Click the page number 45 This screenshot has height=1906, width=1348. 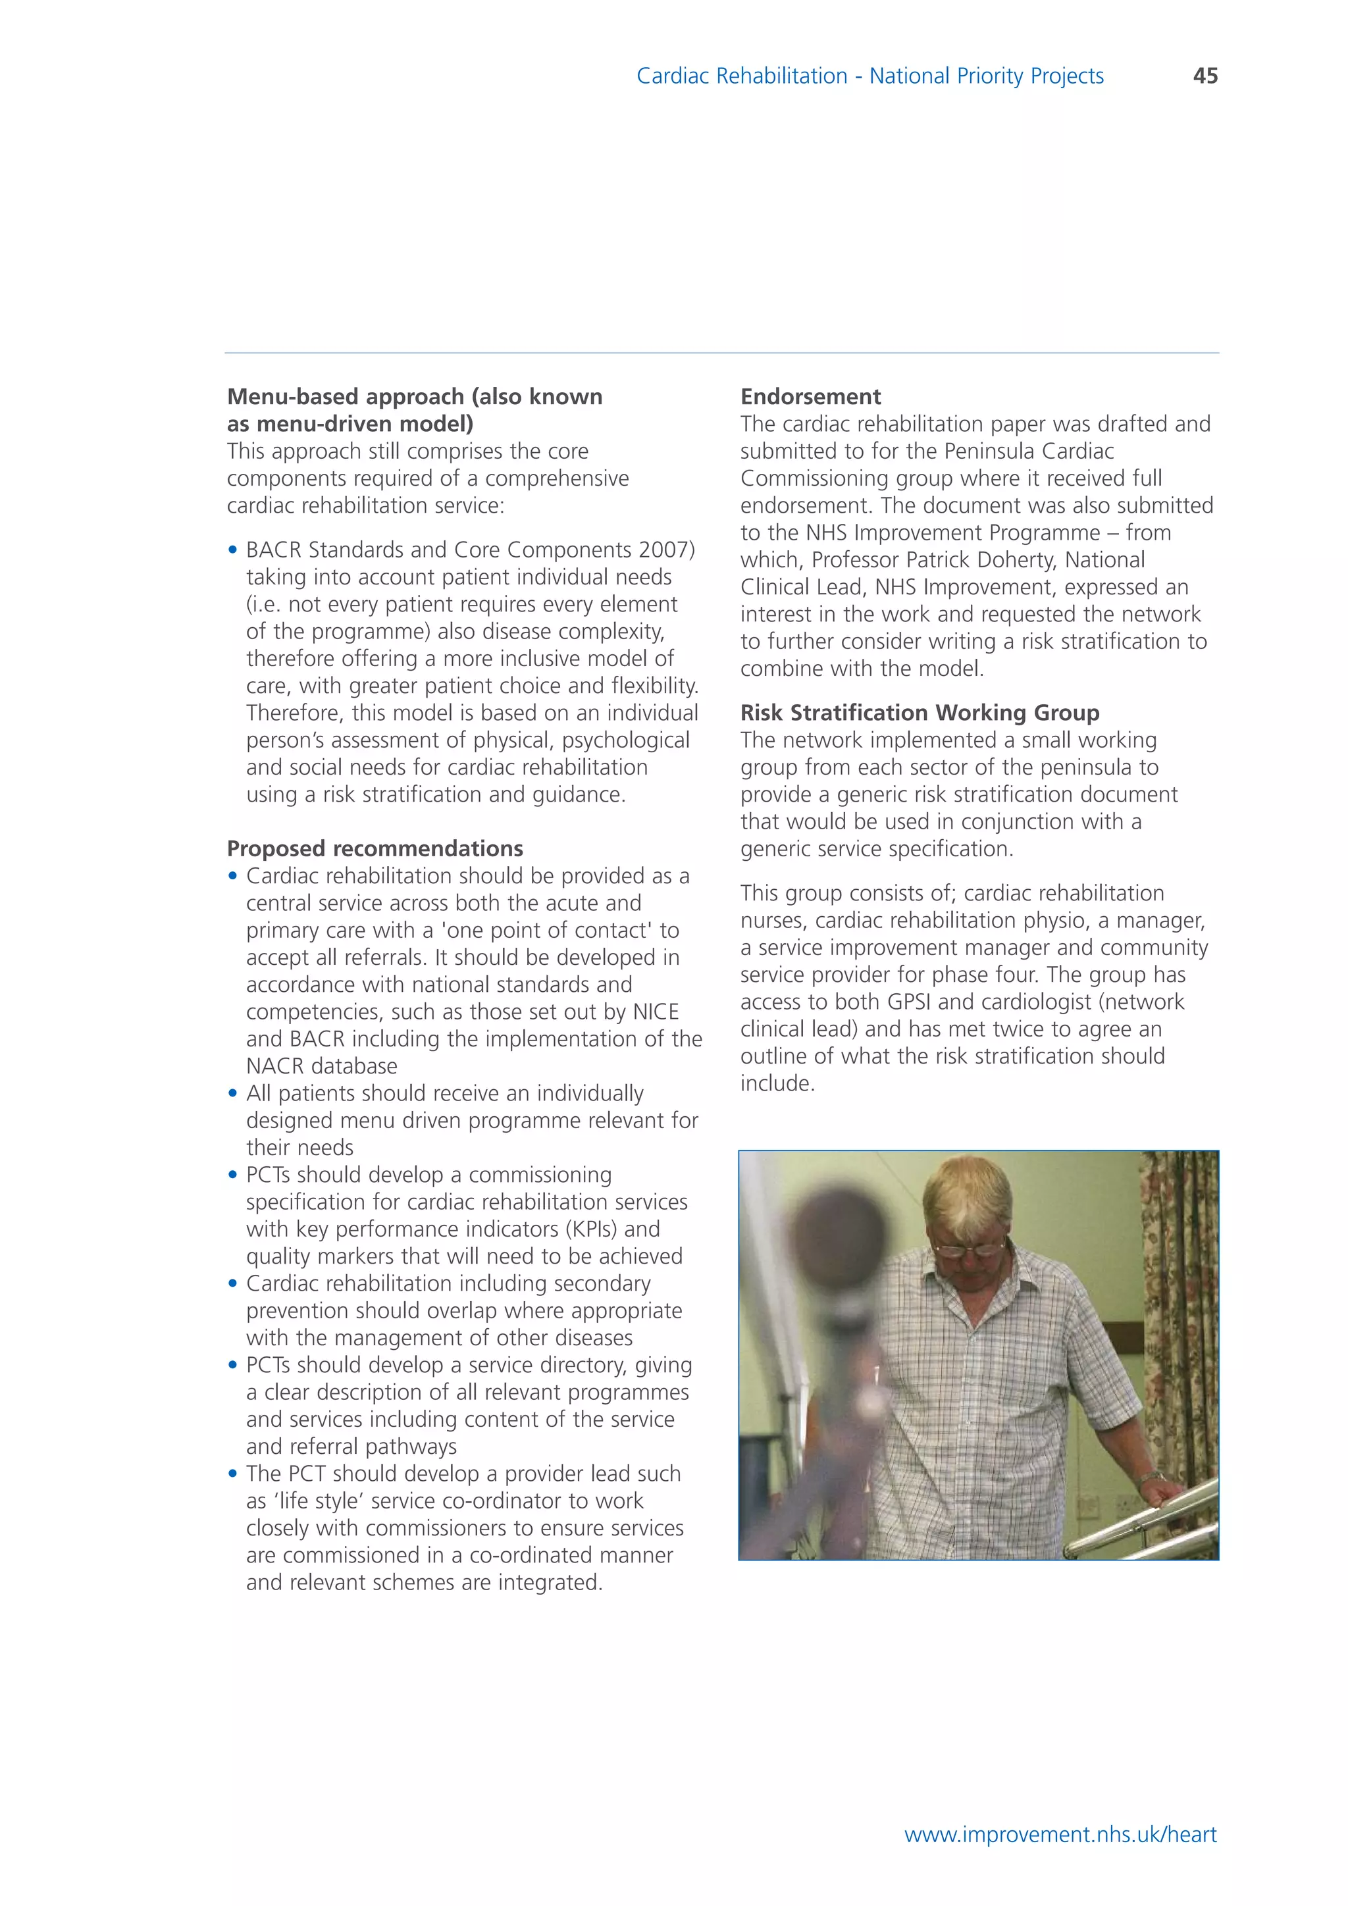pyautogui.click(x=1205, y=76)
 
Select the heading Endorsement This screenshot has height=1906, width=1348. pyautogui.click(x=810, y=396)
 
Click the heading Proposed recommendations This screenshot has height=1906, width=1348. pyautogui.click(x=375, y=848)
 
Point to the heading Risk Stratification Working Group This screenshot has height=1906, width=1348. pyautogui.click(x=919, y=712)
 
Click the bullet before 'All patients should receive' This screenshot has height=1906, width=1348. pyautogui.click(x=232, y=1093)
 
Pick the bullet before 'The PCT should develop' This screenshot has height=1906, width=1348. pyautogui.click(x=232, y=1474)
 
